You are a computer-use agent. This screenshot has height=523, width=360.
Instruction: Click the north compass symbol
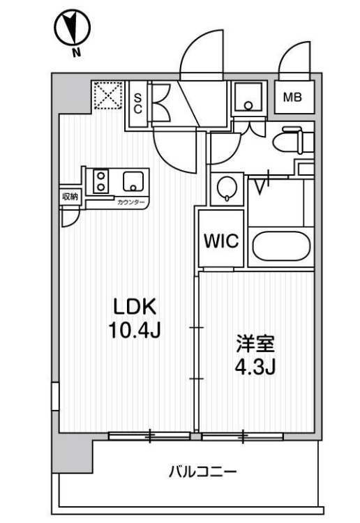tap(73, 28)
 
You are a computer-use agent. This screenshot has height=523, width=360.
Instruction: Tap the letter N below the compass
tap(77, 52)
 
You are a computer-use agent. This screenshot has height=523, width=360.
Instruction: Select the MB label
tap(292, 98)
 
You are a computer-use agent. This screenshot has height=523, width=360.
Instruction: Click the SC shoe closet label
tap(138, 103)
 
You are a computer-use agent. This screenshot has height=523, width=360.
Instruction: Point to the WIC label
tap(221, 241)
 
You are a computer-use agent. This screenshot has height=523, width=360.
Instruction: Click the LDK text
tap(135, 307)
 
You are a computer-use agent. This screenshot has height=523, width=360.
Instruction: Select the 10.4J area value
tap(135, 331)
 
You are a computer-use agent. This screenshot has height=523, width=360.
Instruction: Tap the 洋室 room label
tap(255, 344)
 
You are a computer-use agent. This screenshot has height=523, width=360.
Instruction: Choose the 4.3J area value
tap(255, 367)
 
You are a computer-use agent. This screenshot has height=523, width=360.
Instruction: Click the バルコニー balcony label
tap(202, 471)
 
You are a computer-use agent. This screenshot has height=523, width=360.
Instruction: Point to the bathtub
tap(281, 247)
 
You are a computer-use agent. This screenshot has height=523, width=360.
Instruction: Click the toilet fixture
tap(292, 140)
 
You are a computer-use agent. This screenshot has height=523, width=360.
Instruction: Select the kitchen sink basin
tap(133, 181)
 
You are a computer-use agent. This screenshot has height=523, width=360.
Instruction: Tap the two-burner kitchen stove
tap(100, 181)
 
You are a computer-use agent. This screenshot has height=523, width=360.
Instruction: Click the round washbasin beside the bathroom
tap(227, 188)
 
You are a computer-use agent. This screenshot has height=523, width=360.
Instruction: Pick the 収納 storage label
tap(70, 197)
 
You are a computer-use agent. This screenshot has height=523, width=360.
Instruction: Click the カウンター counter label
tap(130, 202)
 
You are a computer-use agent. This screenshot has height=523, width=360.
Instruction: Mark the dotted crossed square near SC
tap(107, 96)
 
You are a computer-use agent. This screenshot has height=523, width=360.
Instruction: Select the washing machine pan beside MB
tap(248, 98)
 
